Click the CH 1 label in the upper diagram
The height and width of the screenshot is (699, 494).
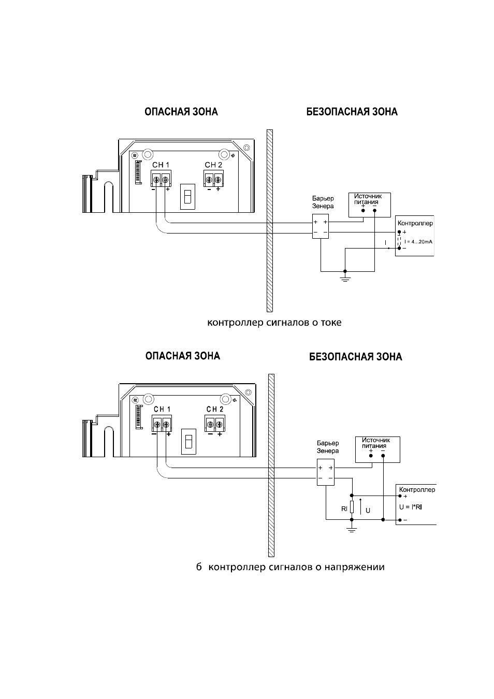161,165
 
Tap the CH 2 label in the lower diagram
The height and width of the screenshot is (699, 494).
215,409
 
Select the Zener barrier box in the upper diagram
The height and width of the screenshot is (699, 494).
321,226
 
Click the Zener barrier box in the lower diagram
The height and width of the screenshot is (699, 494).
326,472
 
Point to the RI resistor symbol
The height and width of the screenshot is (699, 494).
352,507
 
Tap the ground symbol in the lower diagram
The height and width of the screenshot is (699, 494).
352,528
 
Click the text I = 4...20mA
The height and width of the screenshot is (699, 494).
418,241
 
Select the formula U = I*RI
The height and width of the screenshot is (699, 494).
410,507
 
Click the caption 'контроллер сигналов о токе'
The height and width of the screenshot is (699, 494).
274,323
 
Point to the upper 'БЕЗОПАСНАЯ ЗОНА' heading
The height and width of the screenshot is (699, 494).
352,112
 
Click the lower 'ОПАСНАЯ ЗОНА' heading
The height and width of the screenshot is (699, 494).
183,356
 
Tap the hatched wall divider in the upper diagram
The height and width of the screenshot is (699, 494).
270,221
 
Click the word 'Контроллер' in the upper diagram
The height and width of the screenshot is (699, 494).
415,223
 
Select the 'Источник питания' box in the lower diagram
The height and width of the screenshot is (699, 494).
377,449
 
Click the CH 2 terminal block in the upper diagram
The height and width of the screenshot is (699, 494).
214,179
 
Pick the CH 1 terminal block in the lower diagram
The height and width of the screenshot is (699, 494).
162,423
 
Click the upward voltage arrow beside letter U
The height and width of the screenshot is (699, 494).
361,506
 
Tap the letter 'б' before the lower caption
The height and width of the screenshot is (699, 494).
199,566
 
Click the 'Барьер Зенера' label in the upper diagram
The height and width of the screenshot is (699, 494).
323,202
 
